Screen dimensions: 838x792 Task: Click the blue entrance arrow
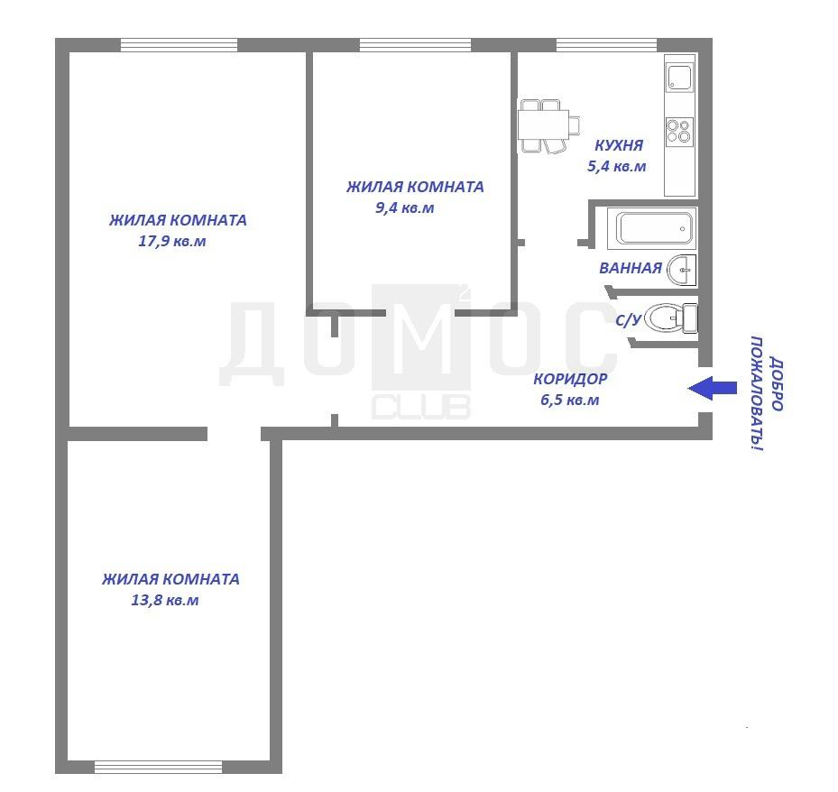pyautogui.click(x=712, y=388)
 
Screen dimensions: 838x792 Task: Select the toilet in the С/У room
pyautogui.click(x=670, y=318)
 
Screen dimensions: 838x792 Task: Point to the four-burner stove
pyautogui.click(x=679, y=132)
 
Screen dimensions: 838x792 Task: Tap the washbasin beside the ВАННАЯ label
pyautogui.click(x=682, y=270)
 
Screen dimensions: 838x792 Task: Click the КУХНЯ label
pyautogui.click(x=618, y=145)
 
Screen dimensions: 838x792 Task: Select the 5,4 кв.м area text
pyautogui.click(x=617, y=166)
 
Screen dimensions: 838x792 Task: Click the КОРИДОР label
pyautogui.click(x=570, y=379)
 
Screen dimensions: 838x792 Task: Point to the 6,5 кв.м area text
pyautogui.click(x=570, y=400)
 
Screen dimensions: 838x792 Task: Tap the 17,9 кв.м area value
pyautogui.click(x=172, y=241)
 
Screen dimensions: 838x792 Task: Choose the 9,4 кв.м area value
pyautogui.click(x=405, y=207)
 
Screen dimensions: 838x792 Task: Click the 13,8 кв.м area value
pyautogui.click(x=164, y=600)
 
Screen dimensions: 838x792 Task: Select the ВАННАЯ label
pyautogui.click(x=631, y=268)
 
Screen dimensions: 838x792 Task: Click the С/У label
pyautogui.click(x=629, y=319)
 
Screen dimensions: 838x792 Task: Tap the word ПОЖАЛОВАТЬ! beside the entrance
pyautogui.click(x=757, y=393)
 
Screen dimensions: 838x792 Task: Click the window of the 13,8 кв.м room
pyautogui.click(x=158, y=767)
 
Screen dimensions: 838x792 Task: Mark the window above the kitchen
pyautogui.click(x=606, y=45)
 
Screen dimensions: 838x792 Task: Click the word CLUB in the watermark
pyautogui.click(x=420, y=407)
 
